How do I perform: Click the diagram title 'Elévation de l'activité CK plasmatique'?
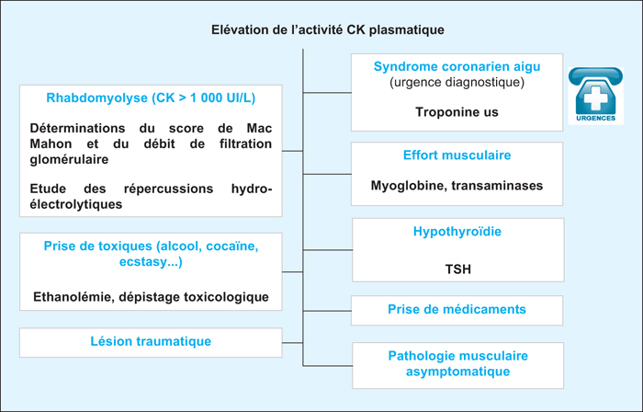coord(328,30)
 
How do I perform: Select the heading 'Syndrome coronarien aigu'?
coord(457,66)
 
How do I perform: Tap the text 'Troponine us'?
coord(457,112)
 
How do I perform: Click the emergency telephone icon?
coord(595,96)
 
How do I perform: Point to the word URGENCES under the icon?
coord(596,119)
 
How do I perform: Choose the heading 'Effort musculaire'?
coord(457,155)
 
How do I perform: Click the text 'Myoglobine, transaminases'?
coord(457,186)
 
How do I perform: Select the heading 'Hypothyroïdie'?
coord(457,232)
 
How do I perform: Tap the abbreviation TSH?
coord(458,269)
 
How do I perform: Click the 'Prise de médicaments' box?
coord(457,310)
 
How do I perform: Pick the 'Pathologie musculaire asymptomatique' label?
coord(458,363)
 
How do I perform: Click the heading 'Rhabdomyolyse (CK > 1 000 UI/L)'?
coord(151,98)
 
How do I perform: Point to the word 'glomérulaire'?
coord(69,160)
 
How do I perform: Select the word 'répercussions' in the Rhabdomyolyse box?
coord(168,189)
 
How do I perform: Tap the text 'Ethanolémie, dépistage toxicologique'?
coord(151,297)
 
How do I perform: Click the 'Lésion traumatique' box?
coord(151,342)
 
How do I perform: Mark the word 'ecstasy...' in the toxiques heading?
coord(151,262)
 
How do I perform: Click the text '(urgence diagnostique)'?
coord(457,83)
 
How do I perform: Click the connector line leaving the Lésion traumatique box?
coord(292,343)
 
